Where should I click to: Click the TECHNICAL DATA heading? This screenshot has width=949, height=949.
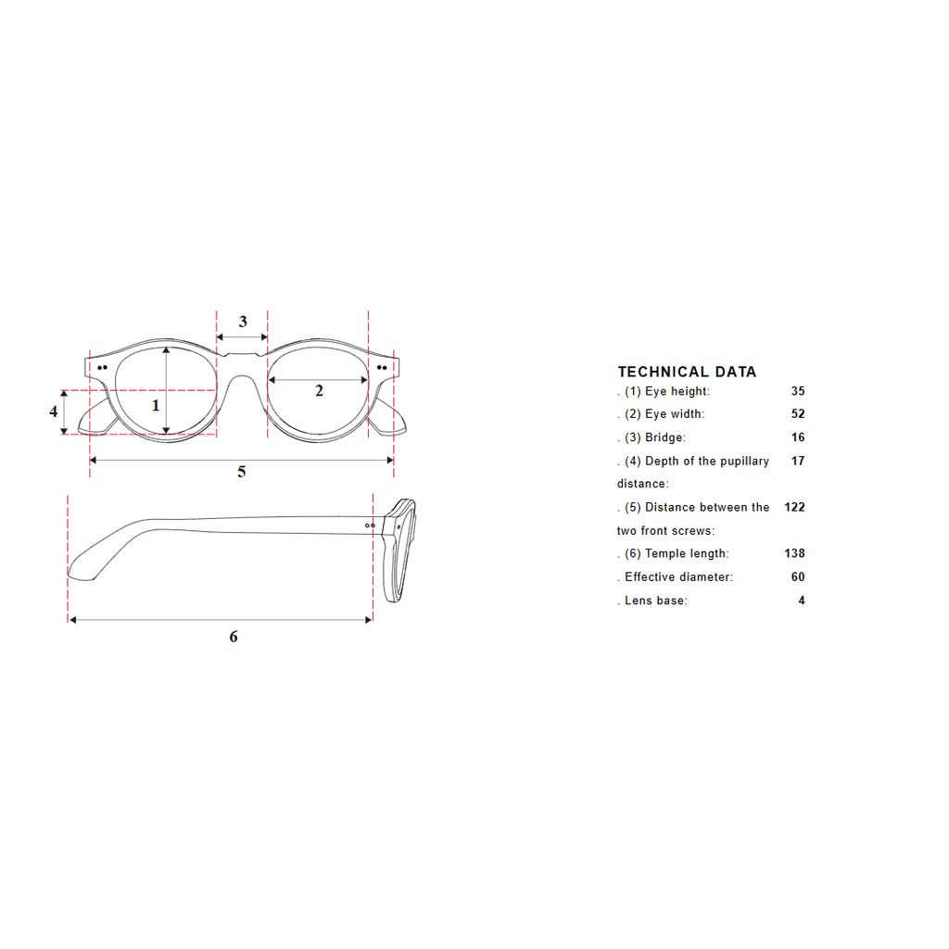687,372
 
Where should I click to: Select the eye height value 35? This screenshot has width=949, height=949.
798,391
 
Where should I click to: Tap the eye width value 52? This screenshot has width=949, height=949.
798,414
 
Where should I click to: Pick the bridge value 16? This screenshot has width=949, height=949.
798,437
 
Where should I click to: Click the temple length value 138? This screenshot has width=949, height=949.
794,553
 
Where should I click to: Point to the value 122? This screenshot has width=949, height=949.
794,507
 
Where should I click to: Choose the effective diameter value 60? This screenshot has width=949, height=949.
798,576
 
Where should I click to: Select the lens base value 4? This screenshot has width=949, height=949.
802,601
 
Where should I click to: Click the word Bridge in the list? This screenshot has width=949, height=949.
664,437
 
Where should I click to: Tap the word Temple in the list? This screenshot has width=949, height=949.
665,554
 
